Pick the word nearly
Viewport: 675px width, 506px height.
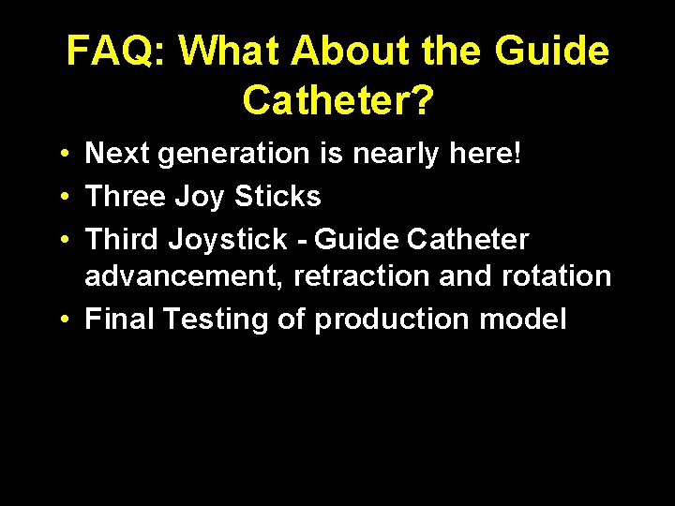[x=395, y=155]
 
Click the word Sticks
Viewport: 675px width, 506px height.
[x=277, y=196]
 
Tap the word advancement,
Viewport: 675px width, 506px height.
[x=185, y=277]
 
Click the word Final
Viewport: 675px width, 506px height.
[x=120, y=319]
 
